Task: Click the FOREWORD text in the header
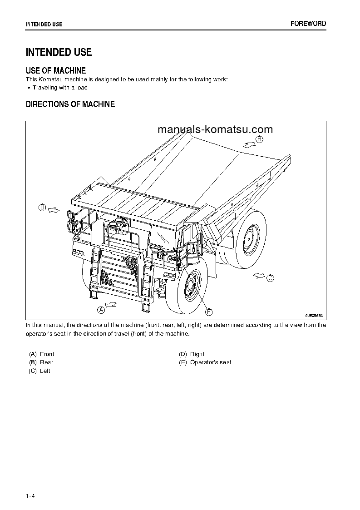[x=308, y=24]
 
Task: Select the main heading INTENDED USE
[x=59, y=52]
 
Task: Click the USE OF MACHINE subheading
[x=56, y=70]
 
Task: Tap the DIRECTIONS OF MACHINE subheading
[x=70, y=104]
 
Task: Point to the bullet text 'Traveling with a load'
[x=60, y=88]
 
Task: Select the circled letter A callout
[x=101, y=310]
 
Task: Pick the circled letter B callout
[x=259, y=139]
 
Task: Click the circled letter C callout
[x=270, y=278]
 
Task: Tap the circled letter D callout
[x=42, y=208]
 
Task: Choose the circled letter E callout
[x=209, y=312]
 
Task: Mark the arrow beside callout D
[x=54, y=209]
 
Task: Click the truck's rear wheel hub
[x=249, y=238]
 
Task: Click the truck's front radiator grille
[x=118, y=270]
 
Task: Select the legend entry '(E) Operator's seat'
[x=205, y=362]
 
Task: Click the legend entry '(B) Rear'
[x=41, y=362]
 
